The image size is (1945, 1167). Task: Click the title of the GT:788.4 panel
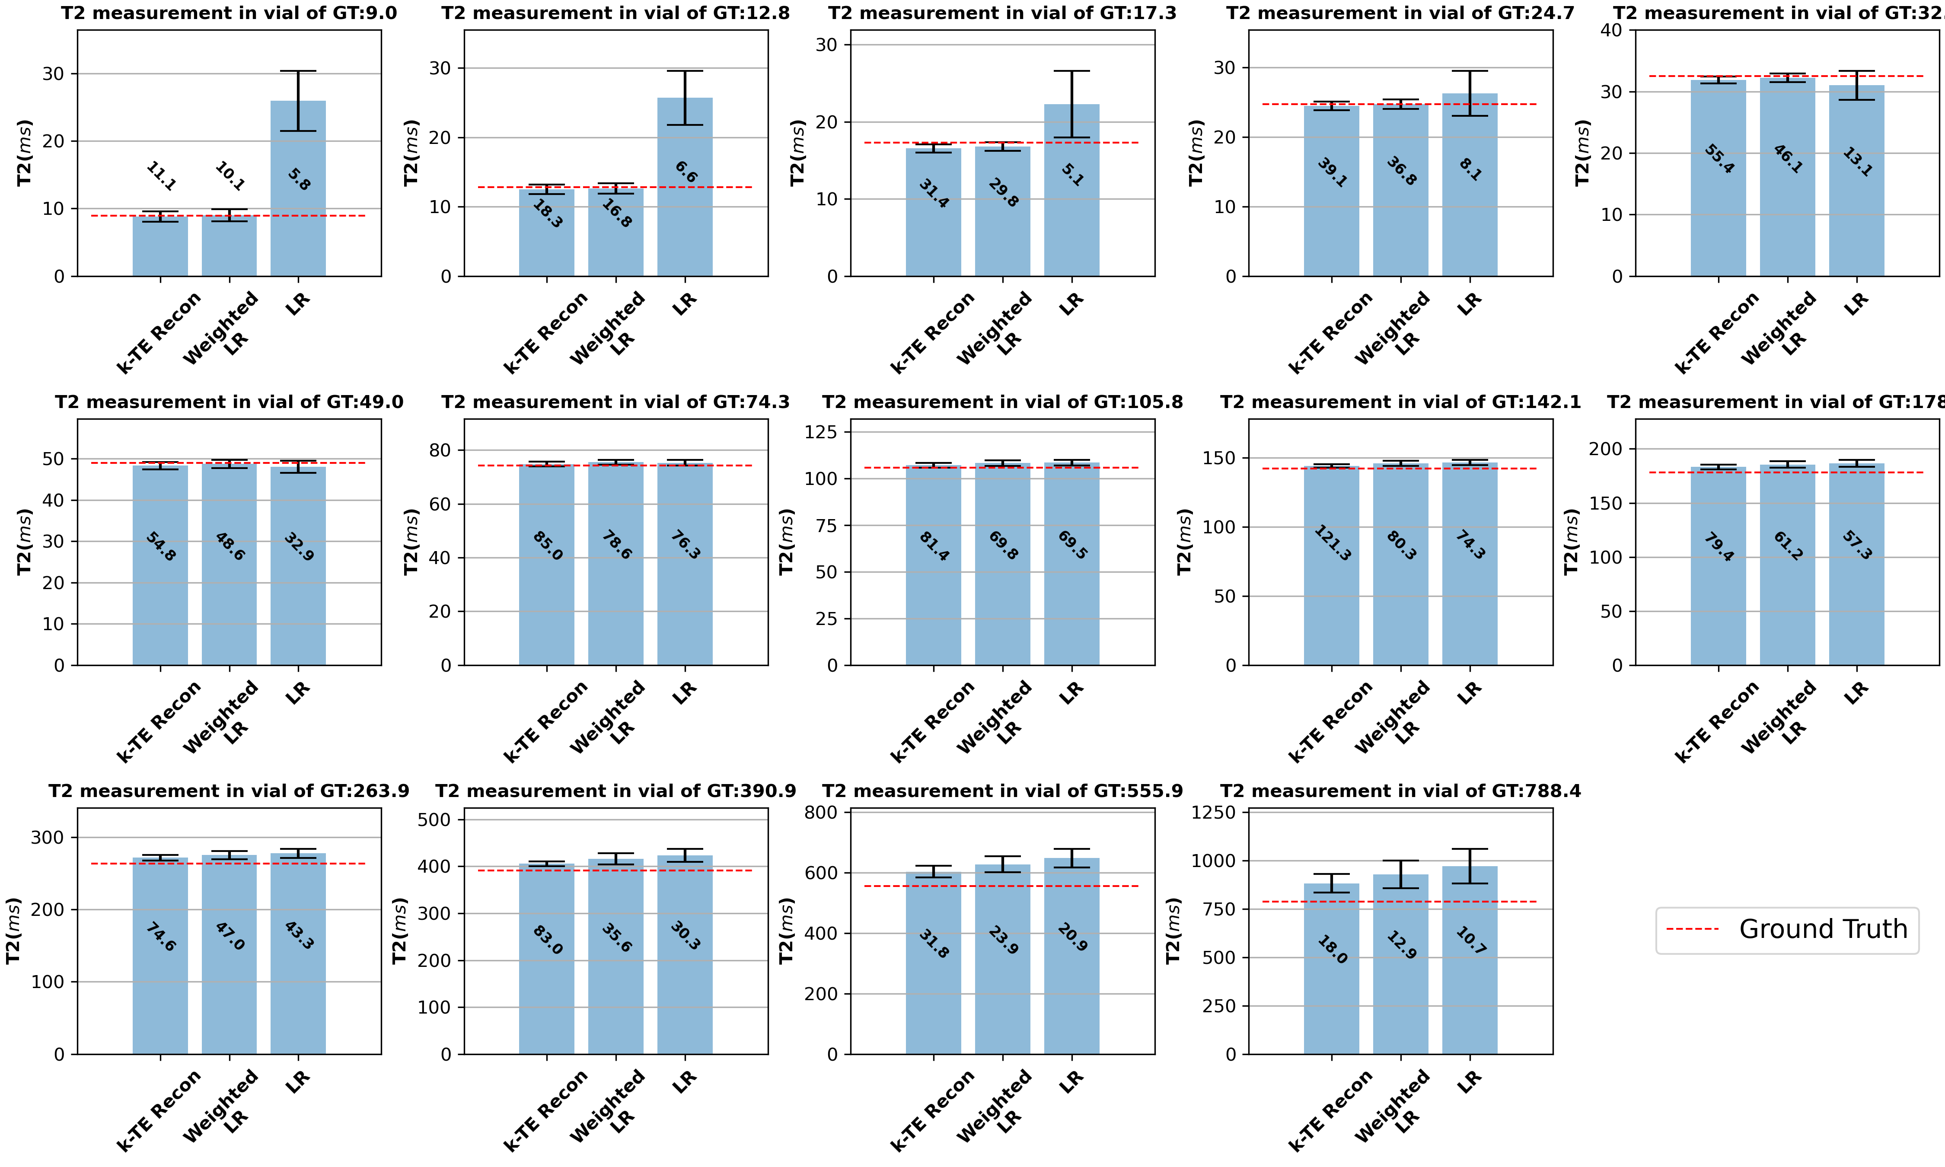[x=1400, y=791]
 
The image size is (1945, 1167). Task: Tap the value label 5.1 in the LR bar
[x=1071, y=175]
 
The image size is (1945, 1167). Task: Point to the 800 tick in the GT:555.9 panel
[x=823, y=812]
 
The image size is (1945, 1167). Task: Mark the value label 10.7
[x=1470, y=941]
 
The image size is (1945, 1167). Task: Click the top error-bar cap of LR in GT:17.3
[x=1071, y=71]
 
